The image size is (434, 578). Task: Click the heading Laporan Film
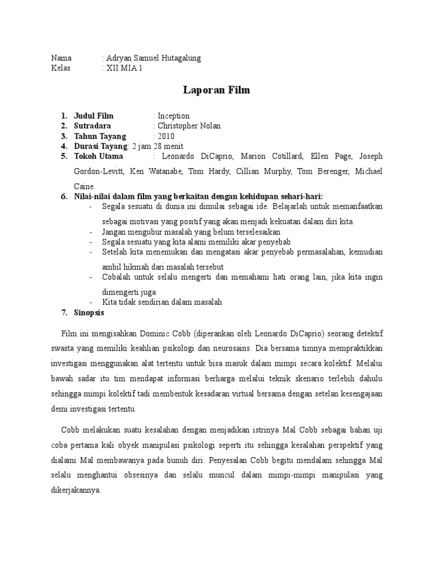coord(216,90)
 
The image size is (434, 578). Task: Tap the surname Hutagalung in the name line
coord(176,58)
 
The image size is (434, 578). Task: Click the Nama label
coord(62,58)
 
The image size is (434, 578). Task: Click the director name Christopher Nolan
coord(189,126)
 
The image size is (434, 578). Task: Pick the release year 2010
coord(166,136)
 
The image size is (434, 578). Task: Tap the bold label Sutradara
coord(93,126)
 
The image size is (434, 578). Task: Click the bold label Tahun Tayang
coord(100,136)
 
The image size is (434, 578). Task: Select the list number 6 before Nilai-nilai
coord(64,196)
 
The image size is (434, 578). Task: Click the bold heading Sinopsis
coord(89,312)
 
